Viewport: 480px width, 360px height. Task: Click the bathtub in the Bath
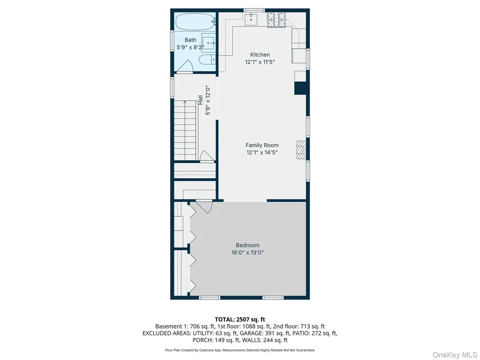(x=195, y=22)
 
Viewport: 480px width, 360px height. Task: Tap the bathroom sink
(x=209, y=43)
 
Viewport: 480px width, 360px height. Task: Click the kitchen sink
(x=251, y=18)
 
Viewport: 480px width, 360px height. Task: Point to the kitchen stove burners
(x=277, y=20)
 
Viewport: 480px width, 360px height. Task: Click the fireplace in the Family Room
(x=301, y=150)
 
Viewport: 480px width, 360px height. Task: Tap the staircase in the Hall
(x=185, y=130)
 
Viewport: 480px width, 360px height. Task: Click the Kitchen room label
(x=260, y=55)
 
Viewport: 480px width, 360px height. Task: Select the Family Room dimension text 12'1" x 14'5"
(x=262, y=152)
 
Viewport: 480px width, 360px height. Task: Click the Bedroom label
(x=247, y=245)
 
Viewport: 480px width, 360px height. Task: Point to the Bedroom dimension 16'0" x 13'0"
(x=247, y=253)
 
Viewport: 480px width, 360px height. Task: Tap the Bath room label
(x=190, y=40)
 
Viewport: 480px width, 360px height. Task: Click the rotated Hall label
(x=200, y=100)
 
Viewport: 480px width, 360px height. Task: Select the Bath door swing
(x=185, y=66)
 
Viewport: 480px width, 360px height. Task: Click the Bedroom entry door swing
(x=204, y=207)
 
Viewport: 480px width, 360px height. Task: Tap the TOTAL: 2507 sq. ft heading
(x=240, y=320)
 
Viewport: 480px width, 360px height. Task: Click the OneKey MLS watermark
(x=454, y=355)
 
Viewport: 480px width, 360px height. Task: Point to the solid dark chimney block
(x=300, y=88)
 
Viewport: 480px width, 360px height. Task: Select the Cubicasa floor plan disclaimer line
(x=240, y=350)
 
